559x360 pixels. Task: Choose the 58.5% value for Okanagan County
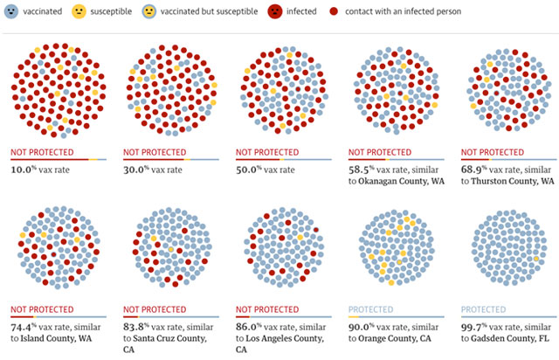(x=362, y=170)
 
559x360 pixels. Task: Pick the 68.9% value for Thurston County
(x=475, y=170)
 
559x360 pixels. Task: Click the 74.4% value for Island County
(x=25, y=324)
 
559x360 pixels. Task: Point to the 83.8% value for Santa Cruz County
(x=138, y=324)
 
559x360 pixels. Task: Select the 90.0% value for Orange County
(x=362, y=324)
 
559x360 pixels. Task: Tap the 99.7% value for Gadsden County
(x=475, y=324)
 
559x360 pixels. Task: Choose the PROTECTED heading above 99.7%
(x=483, y=309)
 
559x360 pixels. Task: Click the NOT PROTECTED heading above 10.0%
(x=41, y=152)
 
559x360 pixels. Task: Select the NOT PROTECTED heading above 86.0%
(x=266, y=309)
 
